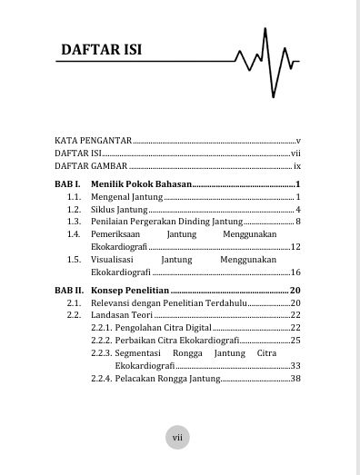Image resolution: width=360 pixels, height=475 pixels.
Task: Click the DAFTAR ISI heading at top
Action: click(x=100, y=47)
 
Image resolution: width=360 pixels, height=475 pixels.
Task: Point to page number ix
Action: click(x=297, y=167)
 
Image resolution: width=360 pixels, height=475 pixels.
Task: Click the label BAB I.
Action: click(x=67, y=184)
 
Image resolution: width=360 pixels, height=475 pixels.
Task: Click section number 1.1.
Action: click(x=75, y=197)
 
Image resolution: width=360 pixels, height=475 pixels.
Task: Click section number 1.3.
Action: click(x=75, y=222)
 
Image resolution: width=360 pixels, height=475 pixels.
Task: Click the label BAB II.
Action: click(x=69, y=290)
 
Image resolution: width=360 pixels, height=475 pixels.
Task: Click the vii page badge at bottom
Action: click(x=179, y=438)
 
